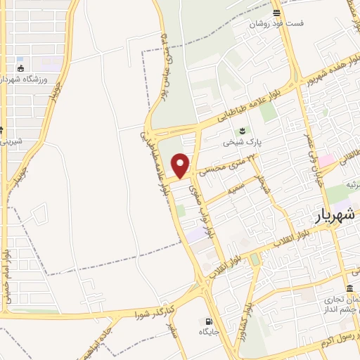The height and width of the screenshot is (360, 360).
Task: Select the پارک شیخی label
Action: (x=242, y=141)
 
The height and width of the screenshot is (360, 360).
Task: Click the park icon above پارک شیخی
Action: (x=243, y=130)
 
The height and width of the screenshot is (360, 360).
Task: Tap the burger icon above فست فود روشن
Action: (x=278, y=12)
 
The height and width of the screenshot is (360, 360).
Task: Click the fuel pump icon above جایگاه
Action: (x=209, y=321)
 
